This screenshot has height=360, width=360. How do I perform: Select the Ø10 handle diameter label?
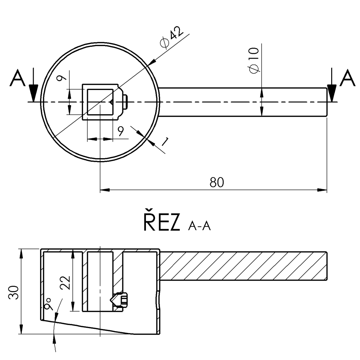[x=254, y=59]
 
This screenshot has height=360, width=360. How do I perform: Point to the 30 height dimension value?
[x=14, y=291]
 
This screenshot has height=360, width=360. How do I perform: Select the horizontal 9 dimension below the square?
[x=120, y=131]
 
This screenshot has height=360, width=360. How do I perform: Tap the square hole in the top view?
[x=100, y=102]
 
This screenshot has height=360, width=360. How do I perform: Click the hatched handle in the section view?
[x=243, y=266]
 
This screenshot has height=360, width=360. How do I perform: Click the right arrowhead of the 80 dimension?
[x=322, y=190]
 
